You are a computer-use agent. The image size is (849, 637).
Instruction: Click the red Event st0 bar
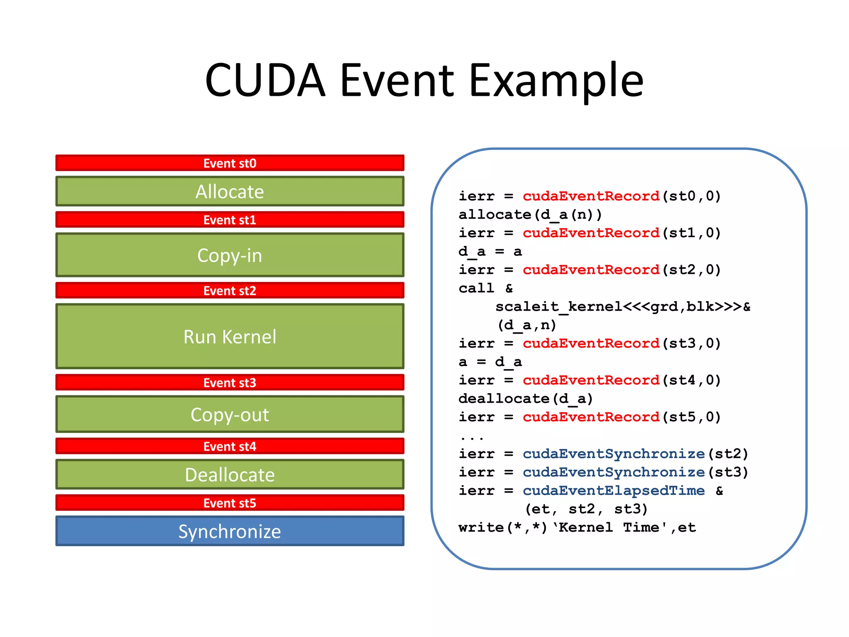230,163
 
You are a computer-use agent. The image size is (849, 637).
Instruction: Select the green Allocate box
230,191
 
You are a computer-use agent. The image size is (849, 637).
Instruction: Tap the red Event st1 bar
230,219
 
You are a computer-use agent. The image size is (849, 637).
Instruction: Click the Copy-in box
230,255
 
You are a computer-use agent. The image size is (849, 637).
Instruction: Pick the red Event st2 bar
230,290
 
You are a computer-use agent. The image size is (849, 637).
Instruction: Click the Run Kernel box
230,336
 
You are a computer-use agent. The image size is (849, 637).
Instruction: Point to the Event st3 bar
230,382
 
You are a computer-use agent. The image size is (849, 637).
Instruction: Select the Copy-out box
230,414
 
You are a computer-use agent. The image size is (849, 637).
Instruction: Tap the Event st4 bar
230,446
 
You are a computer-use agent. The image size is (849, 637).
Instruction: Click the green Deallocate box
230,474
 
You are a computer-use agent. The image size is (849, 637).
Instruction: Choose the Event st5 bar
230,503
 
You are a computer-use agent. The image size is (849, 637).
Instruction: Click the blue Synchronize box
230,531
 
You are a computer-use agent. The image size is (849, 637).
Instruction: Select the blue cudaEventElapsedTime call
614,491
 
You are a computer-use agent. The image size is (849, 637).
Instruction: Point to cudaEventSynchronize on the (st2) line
614,454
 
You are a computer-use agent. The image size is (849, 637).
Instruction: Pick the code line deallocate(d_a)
526,399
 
